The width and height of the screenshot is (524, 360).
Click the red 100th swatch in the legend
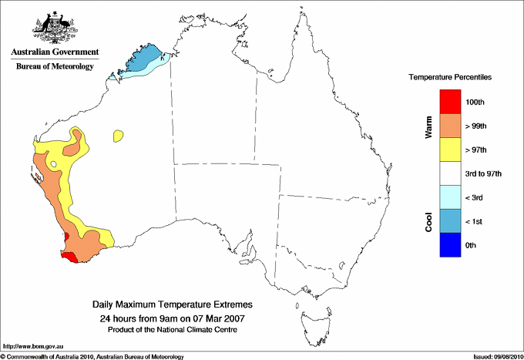[x=450, y=101]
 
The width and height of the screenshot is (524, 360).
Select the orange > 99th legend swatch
[x=450, y=125]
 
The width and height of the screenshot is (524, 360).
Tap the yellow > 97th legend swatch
[x=450, y=149]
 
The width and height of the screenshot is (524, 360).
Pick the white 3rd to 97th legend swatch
[x=450, y=173]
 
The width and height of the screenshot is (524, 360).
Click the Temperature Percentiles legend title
[x=450, y=78]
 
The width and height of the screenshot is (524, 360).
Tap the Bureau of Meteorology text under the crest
[x=54, y=66]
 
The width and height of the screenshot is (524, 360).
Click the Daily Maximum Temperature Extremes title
[x=172, y=305]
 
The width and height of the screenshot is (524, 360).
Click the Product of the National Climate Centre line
[x=172, y=329]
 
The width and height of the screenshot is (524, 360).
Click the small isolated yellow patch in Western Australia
[x=119, y=136]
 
